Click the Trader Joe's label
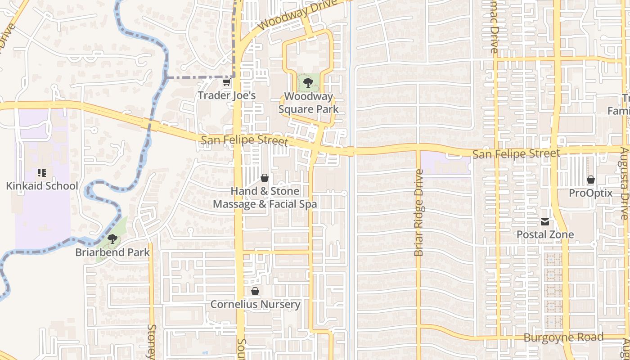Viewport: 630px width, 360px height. pos(227,95)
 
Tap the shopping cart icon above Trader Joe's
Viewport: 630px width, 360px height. pos(226,82)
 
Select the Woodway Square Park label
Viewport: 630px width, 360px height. pos(308,103)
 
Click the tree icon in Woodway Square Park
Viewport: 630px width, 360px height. pos(308,82)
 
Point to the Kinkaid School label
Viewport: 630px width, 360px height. pos(42,186)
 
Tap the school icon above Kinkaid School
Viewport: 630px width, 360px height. pos(42,173)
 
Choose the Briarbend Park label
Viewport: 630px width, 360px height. pos(112,252)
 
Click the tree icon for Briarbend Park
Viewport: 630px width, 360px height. pos(112,239)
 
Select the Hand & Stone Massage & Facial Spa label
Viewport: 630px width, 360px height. pos(265,198)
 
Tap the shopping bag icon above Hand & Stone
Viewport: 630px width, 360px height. pos(265,178)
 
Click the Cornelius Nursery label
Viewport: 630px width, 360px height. pos(255,304)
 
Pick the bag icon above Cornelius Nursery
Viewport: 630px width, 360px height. pos(255,291)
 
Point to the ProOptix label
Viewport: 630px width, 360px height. pos(591,193)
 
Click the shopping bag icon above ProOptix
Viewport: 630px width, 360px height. pos(591,180)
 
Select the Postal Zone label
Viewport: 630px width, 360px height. pos(545,234)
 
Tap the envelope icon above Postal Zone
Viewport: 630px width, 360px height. pos(545,221)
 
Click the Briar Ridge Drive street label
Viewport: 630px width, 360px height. pos(419,212)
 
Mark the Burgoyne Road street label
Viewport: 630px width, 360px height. pos(563,337)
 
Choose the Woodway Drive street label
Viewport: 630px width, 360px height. pos(297,14)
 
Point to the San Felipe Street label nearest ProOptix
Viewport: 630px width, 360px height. pos(516,154)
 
